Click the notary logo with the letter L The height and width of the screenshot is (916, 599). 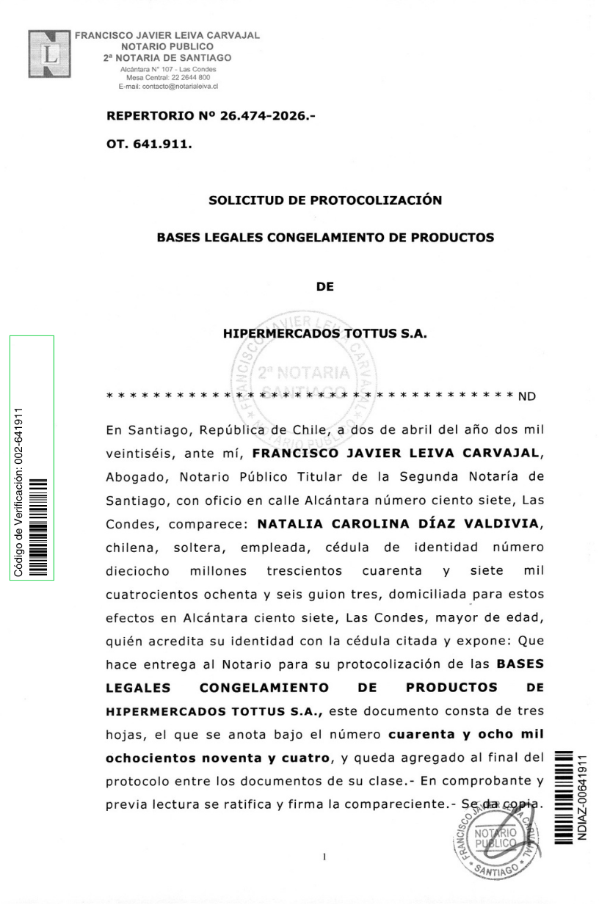click(48, 53)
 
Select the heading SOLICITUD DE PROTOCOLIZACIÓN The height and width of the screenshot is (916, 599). click(325, 200)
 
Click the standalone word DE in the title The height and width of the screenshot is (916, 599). click(325, 287)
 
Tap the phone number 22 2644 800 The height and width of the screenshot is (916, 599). click(193, 77)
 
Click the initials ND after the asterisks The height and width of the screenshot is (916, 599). click(527, 398)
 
